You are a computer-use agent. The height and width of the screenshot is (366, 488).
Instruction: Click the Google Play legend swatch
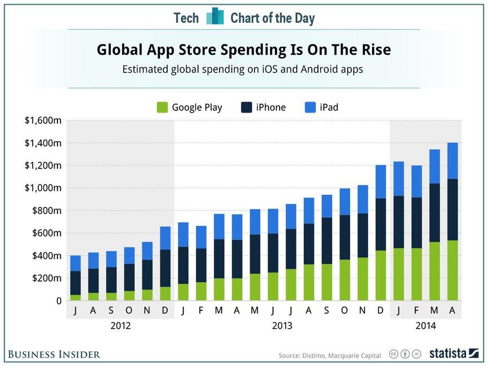162,107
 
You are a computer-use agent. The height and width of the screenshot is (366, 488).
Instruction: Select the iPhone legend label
271,107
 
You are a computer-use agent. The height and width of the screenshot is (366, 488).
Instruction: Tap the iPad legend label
329,107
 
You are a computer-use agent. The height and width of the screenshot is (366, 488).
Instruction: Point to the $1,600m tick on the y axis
42,120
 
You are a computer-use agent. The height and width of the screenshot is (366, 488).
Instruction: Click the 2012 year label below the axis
120,325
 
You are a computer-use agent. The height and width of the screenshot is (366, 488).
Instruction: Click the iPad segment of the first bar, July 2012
75,263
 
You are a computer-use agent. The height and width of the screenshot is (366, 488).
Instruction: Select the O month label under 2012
129,310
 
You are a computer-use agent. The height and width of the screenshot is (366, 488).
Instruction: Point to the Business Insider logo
54,354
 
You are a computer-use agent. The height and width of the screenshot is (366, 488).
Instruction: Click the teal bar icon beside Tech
214,17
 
